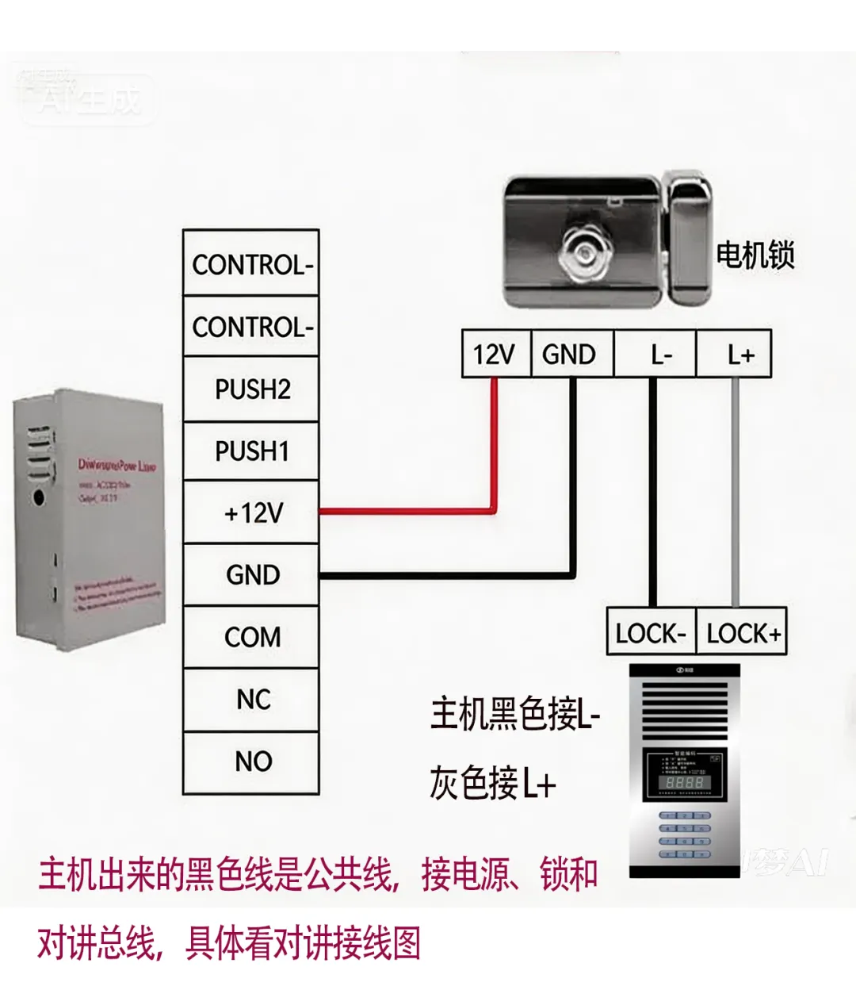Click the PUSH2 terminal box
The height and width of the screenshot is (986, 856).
(x=251, y=389)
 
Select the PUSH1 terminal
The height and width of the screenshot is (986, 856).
(x=251, y=451)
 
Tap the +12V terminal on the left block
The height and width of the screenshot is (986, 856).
(x=251, y=512)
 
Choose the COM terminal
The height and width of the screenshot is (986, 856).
(x=251, y=637)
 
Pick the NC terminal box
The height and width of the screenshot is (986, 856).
(x=251, y=699)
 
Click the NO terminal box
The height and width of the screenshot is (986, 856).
(x=251, y=762)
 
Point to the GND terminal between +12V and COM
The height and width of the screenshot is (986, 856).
(x=251, y=574)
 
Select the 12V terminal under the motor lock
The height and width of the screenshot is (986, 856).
(x=495, y=354)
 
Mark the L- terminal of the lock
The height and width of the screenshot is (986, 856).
(x=656, y=354)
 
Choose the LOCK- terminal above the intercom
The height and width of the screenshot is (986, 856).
(x=651, y=633)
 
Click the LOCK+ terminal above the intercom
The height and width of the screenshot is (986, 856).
(x=742, y=633)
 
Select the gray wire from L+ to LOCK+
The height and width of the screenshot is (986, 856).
(x=736, y=492)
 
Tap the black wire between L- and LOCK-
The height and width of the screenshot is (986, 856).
(x=653, y=492)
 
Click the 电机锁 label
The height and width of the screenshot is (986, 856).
(x=755, y=255)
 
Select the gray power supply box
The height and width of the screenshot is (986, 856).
(x=89, y=524)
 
